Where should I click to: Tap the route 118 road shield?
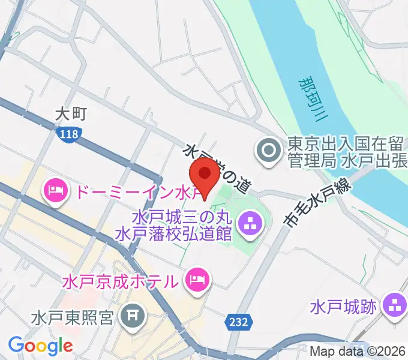pyautogui.click(x=69, y=134)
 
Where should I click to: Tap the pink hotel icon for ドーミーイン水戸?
pyautogui.click(x=55, y=192)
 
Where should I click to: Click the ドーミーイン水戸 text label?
pyautogui.click(x=129, y=193)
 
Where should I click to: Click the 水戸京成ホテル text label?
pyautogui.click(x=119, y=280)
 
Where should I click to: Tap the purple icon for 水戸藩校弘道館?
pyautogui.click(x=248, y=224)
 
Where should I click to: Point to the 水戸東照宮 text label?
pyautogui.click(x=73, y=316)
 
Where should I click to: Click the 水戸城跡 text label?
pyautogui.click(x=343, y=307)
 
